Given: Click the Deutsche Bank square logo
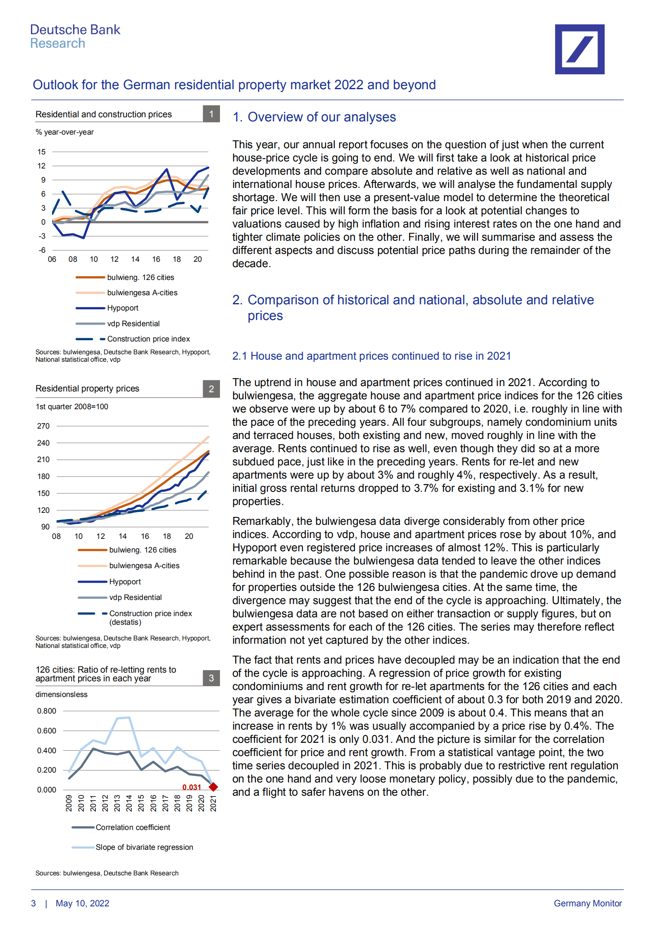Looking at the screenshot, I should pos(579,49).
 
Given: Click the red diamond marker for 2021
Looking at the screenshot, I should pos(213,787).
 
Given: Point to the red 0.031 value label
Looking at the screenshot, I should pos(192,787).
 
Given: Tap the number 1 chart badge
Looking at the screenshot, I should pos(211,114).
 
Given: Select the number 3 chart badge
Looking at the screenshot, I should pos(211,678).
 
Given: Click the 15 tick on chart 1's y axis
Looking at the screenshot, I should pos(41,152).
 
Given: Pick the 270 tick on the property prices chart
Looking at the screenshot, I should pos(43,426).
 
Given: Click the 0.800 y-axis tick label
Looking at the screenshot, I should pos(47,711).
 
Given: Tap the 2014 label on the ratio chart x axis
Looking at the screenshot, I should pos(129,803).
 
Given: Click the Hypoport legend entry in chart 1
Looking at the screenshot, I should pos(123,308).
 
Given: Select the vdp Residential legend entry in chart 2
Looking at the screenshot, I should pos(135,597).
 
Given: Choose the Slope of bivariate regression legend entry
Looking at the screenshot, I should pos(144,847).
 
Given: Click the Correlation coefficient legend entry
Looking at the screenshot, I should pos(132,827).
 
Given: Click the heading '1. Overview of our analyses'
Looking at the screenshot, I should pos(314,117).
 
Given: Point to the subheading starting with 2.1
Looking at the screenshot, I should pos(371,356).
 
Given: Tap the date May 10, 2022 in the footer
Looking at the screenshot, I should pos(83,903).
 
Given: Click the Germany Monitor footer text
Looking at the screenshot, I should pos(587,903).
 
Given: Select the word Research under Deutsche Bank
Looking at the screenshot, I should pos(58,43).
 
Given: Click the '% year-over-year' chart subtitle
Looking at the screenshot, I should pos(65,132).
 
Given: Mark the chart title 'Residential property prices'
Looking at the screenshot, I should pos(87,389).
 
